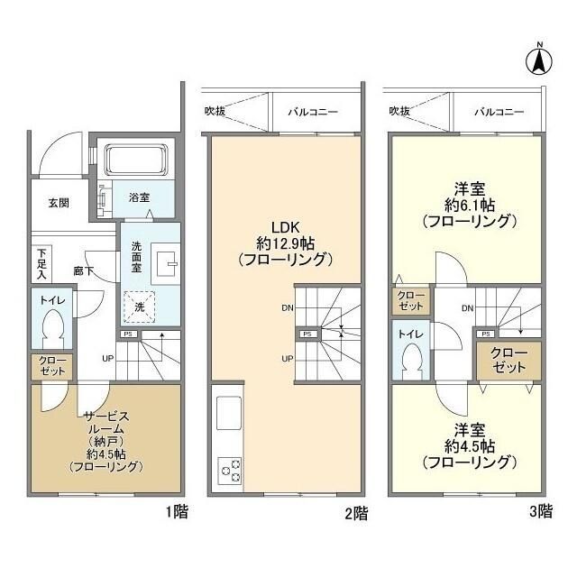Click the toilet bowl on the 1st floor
click(x=52, y=326)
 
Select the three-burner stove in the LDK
click(x=229, y=470)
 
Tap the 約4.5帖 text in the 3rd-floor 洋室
click(x=469, y=446)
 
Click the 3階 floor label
click(x=538, y=512)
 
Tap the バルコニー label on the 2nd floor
click(x=313, y=112)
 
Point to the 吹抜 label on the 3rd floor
click(x=399, y=112)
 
